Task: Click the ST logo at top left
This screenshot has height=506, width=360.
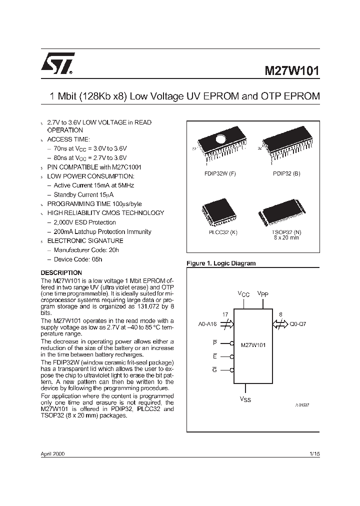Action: tap(57, 63)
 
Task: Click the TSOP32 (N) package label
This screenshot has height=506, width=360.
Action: tap(286, 232)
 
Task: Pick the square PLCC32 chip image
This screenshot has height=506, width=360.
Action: tap(217, 212)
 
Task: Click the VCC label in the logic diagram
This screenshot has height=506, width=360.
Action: tap(243, 294)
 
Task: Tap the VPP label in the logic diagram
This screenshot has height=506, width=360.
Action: tap(263, 294)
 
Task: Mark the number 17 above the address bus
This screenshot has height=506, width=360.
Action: tap(225, 314)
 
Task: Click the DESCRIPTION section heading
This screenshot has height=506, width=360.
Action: tap(60, 272)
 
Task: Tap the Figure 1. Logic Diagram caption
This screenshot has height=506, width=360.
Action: tap(220, 263)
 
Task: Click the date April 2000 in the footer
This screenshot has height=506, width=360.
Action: tap(52, 454)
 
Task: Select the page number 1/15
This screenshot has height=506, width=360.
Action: tap(314, 454)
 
